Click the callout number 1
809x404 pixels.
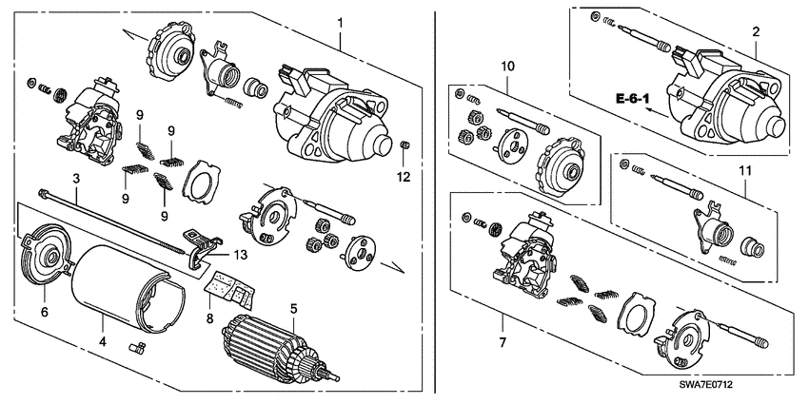(x=341, y=21)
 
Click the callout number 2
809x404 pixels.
(x=756, y=32)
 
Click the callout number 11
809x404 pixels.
(x=744, y=171)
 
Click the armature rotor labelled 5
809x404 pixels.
(x=271, y=348)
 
